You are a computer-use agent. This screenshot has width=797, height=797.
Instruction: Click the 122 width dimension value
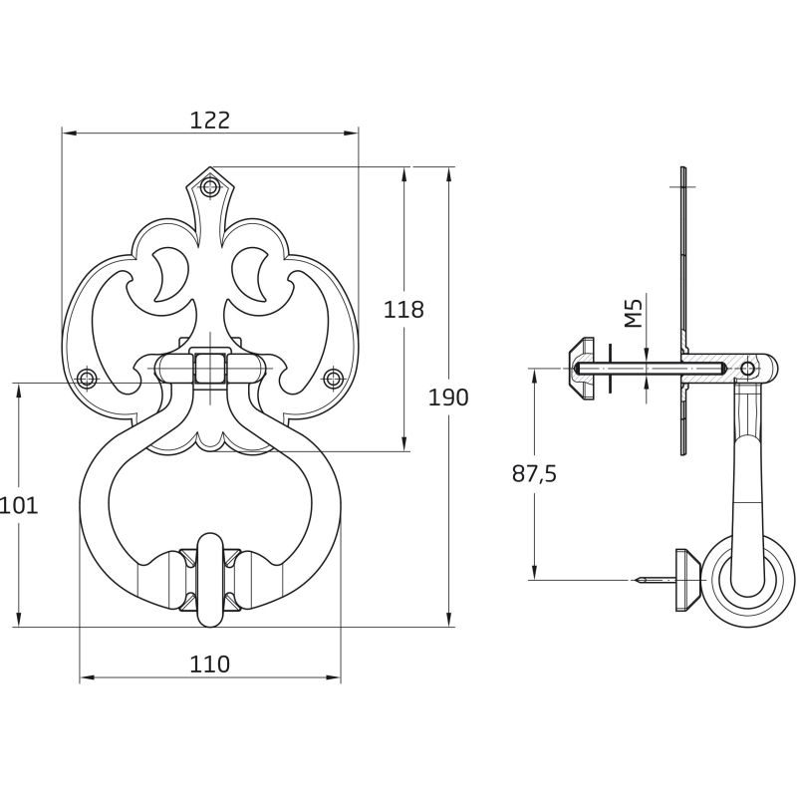pyautogui.click(x=210, y=120)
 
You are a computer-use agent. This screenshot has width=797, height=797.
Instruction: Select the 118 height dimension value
pyautogui.click(x=403, y=309)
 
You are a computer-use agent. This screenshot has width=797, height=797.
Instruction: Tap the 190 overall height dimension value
pyautogui.click(x=447, y=397)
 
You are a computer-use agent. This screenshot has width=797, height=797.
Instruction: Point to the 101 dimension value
pyautogui.click(x=19, y=505)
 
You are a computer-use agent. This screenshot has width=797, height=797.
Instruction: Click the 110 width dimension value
pyautogui.click(x=209, y=664)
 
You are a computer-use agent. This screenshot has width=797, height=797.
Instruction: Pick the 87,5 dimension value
pyautogui.click(x=534, y=474)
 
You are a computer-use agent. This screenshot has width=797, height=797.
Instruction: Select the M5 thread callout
pyautogui.click(x=633, y=313)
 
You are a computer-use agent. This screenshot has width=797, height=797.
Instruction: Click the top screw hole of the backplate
pyautogui.click(x=209, y=186)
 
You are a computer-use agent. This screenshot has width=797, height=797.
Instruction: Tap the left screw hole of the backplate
pyautogui.click(x=87, y=379)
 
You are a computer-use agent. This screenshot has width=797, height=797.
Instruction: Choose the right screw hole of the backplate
pyautogui.click(x=333, y=379)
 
